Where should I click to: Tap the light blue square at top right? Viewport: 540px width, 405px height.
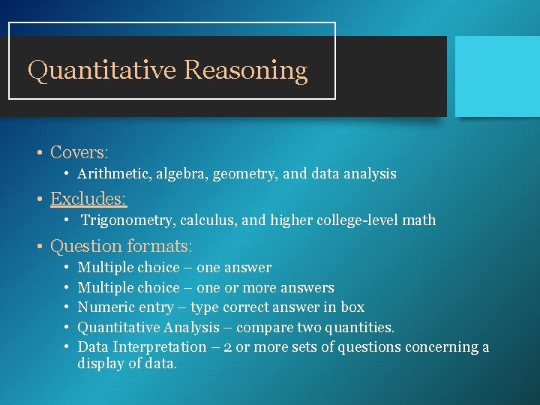(497, 76)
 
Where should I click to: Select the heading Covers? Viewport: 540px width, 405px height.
(79, 152)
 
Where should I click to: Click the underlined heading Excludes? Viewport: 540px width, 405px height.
(88, 199)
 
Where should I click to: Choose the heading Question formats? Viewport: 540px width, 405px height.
(121, 246)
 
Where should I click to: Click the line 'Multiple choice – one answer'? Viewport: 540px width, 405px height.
(175, 268)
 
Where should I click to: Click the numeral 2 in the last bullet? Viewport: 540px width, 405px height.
(229, 347)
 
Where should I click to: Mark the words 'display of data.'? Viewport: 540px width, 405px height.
(127, 364)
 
